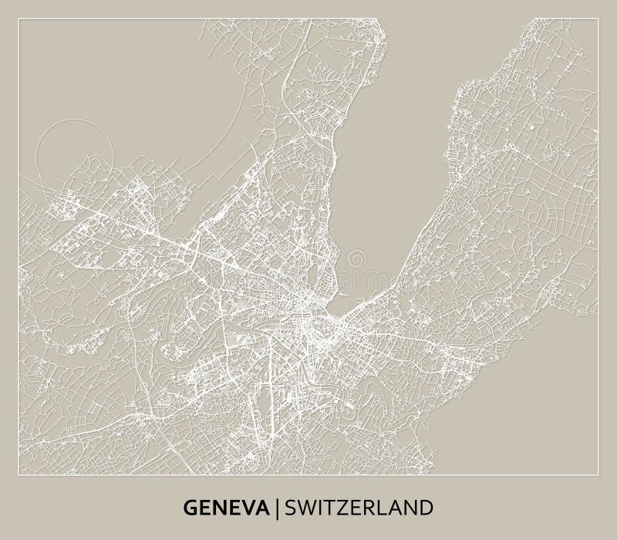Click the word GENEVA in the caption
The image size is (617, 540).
coord(229,508)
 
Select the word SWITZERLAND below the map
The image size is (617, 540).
coord(359,508)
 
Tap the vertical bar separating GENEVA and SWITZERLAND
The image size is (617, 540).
coord(279,508)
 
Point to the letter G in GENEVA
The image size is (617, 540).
coord(190,508)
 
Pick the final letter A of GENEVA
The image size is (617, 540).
coord(266,508)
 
